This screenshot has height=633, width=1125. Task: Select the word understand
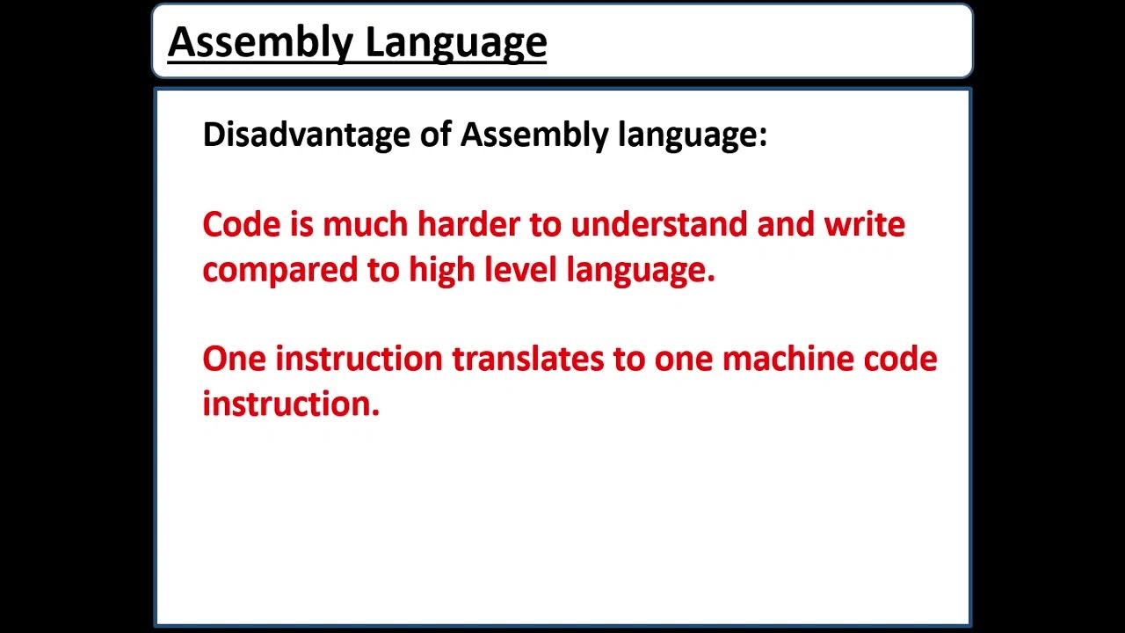[659, 224]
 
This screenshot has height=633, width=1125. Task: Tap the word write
[864, 224]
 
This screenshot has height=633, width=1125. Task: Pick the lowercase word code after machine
[900, 359]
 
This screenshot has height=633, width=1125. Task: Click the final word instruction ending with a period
[291, 404]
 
